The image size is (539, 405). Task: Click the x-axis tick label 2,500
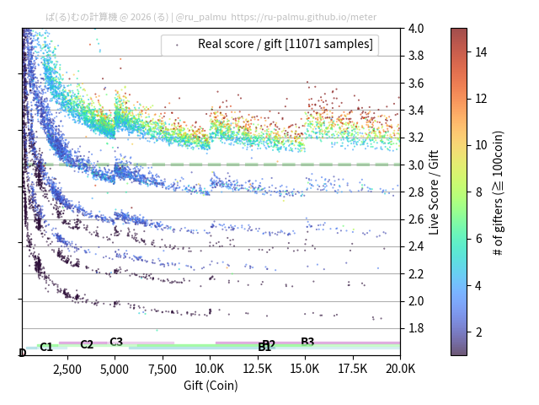pos(67,369)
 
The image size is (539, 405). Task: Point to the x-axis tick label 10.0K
pos(210,369)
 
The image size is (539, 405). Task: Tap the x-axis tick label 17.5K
pos(352,369)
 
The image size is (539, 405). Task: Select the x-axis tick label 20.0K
pos(400,369)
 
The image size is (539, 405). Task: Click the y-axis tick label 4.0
pos(416,29)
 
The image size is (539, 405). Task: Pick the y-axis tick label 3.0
pos(416,165)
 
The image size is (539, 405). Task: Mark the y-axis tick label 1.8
pos(416,328)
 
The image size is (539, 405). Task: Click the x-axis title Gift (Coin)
pos(211,386)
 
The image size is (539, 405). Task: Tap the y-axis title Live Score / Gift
pos(435,192)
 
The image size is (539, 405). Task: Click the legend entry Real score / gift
pos(286,44)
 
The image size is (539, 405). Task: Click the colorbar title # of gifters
pos(499,192)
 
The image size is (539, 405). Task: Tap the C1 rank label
pos(46,347)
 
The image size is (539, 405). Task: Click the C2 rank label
pos(87,344)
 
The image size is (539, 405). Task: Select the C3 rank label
pos(116,342)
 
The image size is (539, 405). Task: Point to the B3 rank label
pos(307,342)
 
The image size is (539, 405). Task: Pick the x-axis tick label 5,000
pos(115,369)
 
